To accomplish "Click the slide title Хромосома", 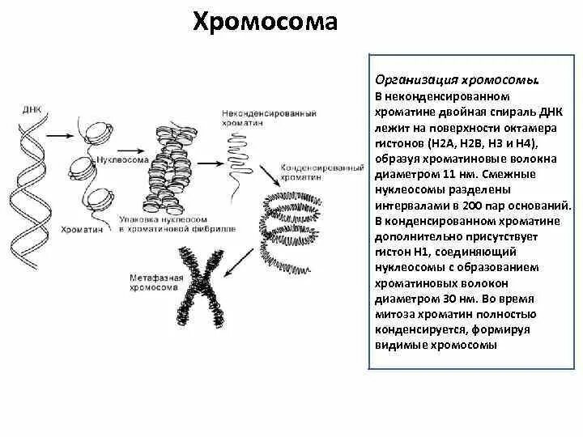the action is (265, 22).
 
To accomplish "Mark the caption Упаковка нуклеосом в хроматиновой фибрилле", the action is (177, 224).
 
